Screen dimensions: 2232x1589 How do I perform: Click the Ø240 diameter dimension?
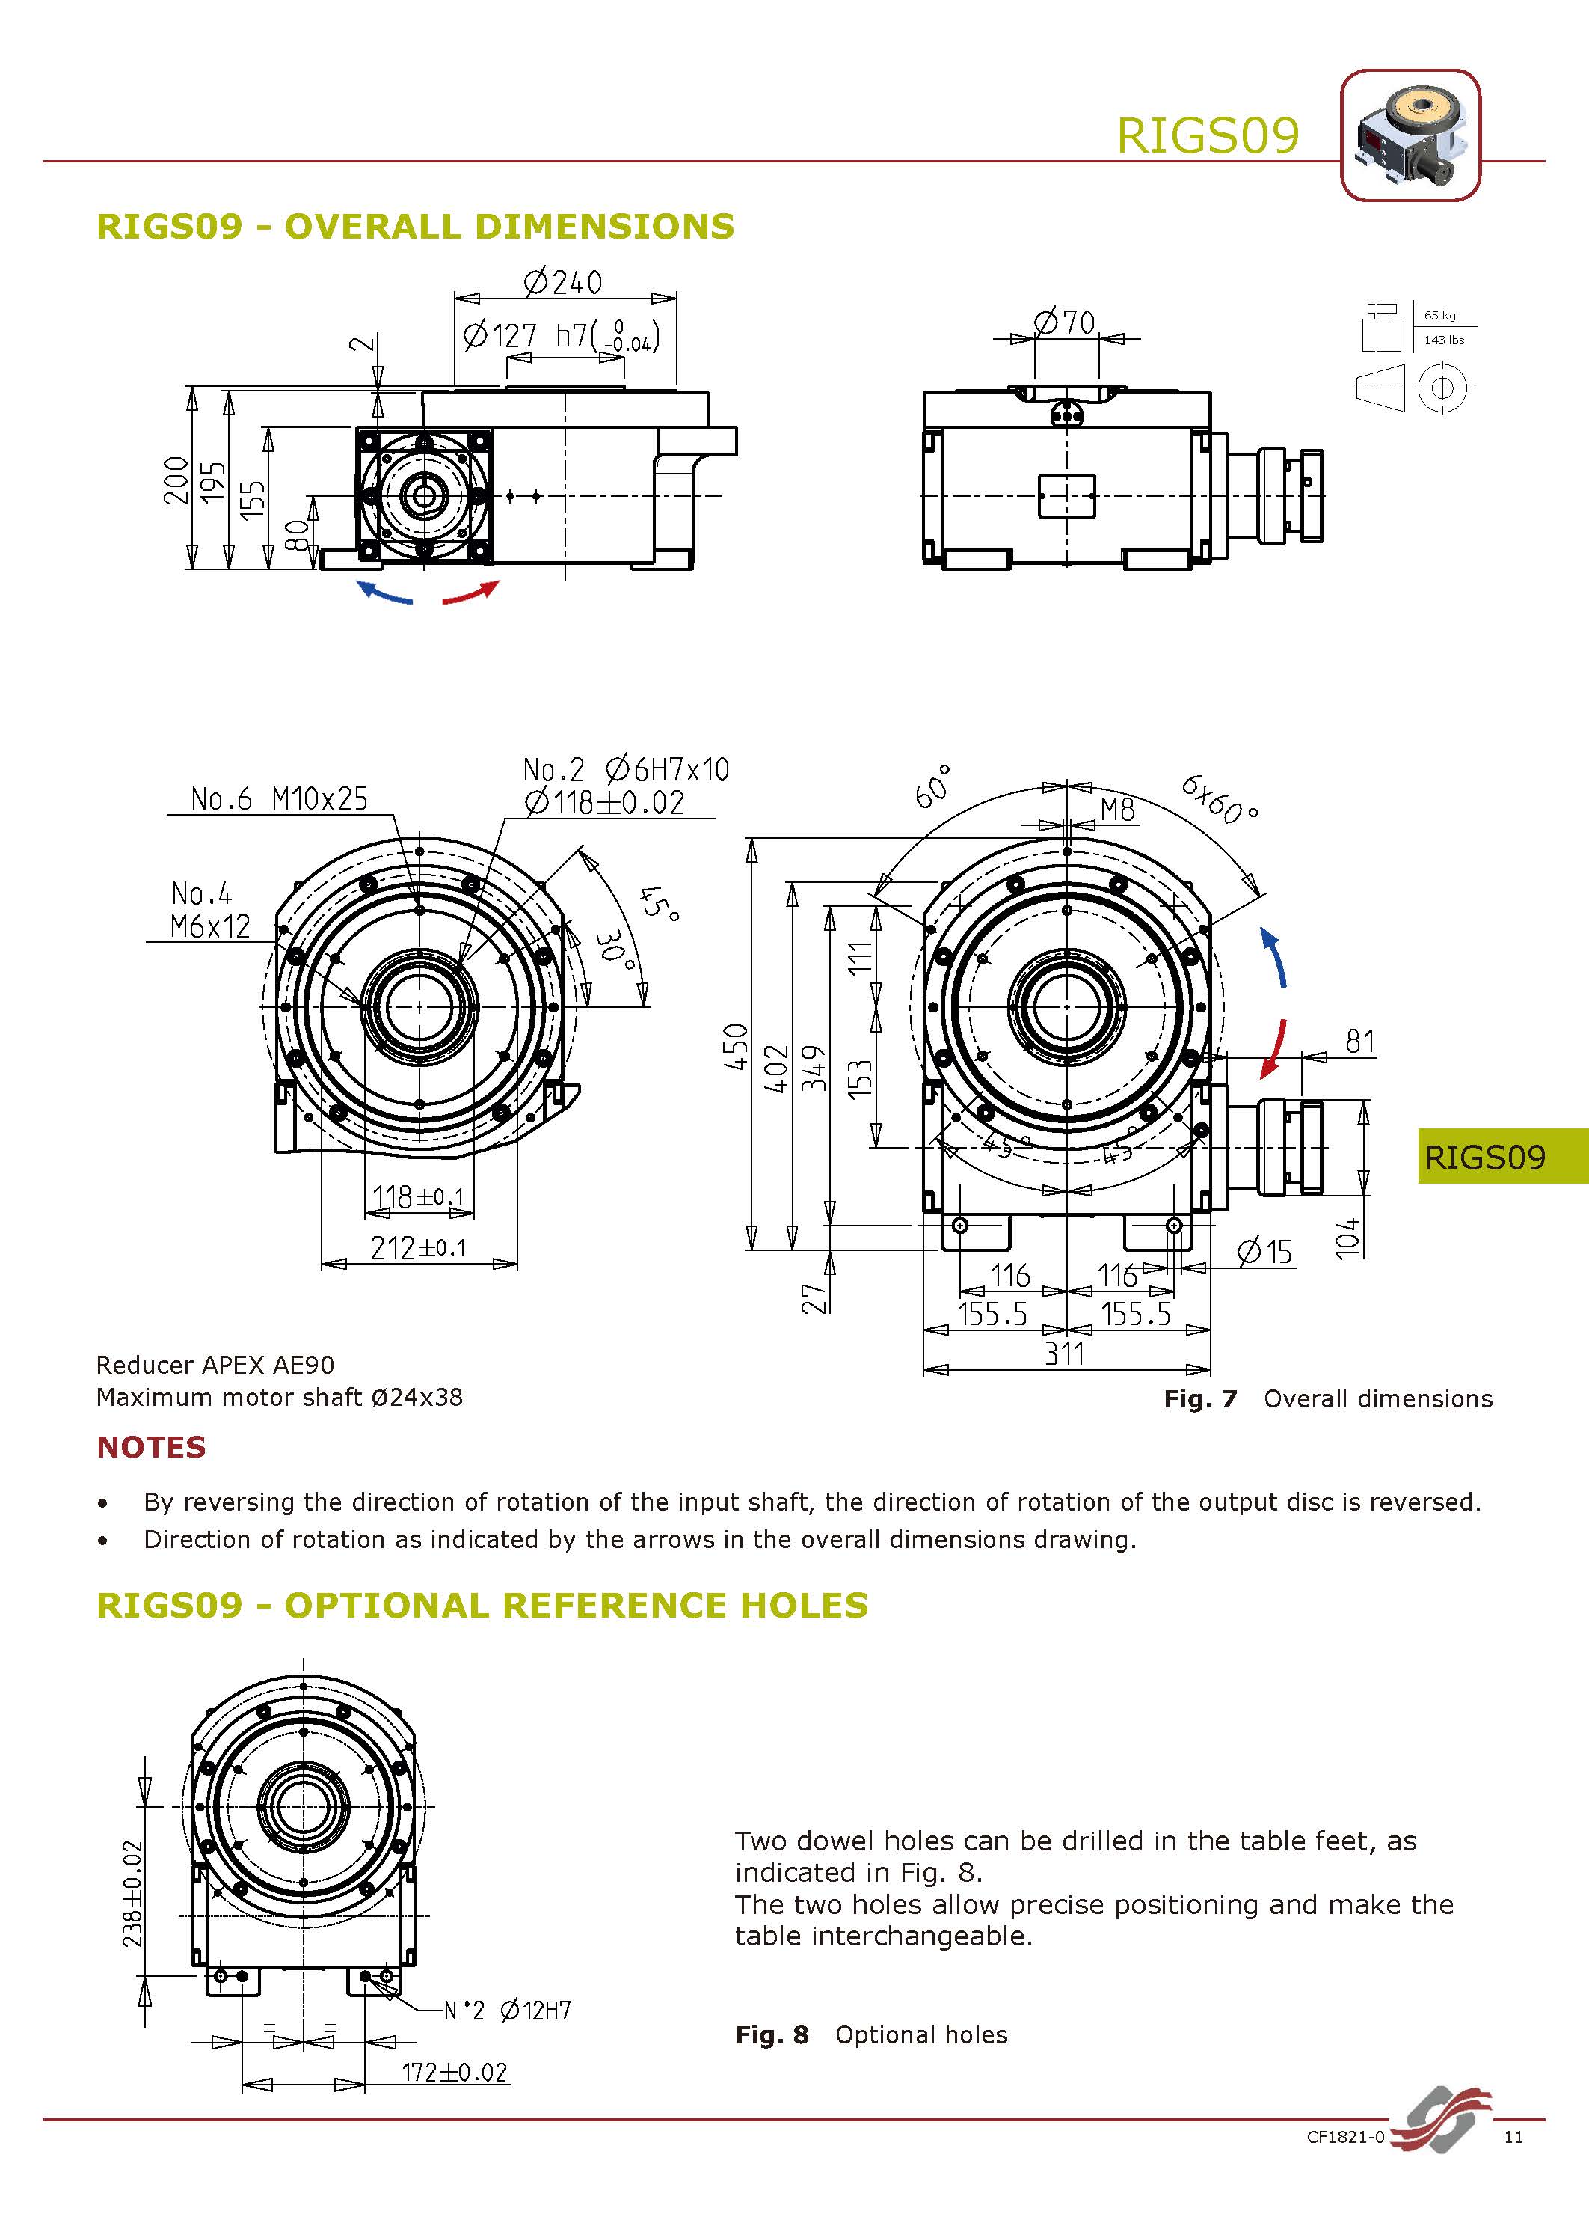coord(564,283)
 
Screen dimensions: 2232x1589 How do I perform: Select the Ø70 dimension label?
coord(1065,322)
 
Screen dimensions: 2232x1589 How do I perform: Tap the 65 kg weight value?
coord(1439,315)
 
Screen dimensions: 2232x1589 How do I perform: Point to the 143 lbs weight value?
coord(1444,340)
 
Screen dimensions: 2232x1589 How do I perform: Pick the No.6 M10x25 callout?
coord(279,799)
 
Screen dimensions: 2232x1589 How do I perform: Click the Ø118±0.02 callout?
coord(605,803)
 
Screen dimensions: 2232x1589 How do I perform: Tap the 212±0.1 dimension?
coord(418,1247)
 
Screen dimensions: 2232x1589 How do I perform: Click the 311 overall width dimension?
coord(1065,1354)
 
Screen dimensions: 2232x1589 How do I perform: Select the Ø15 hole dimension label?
coord(1264,1252)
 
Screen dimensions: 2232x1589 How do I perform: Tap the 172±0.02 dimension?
coord(455,2073)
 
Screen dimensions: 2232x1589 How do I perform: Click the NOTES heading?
coord(152,1447)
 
